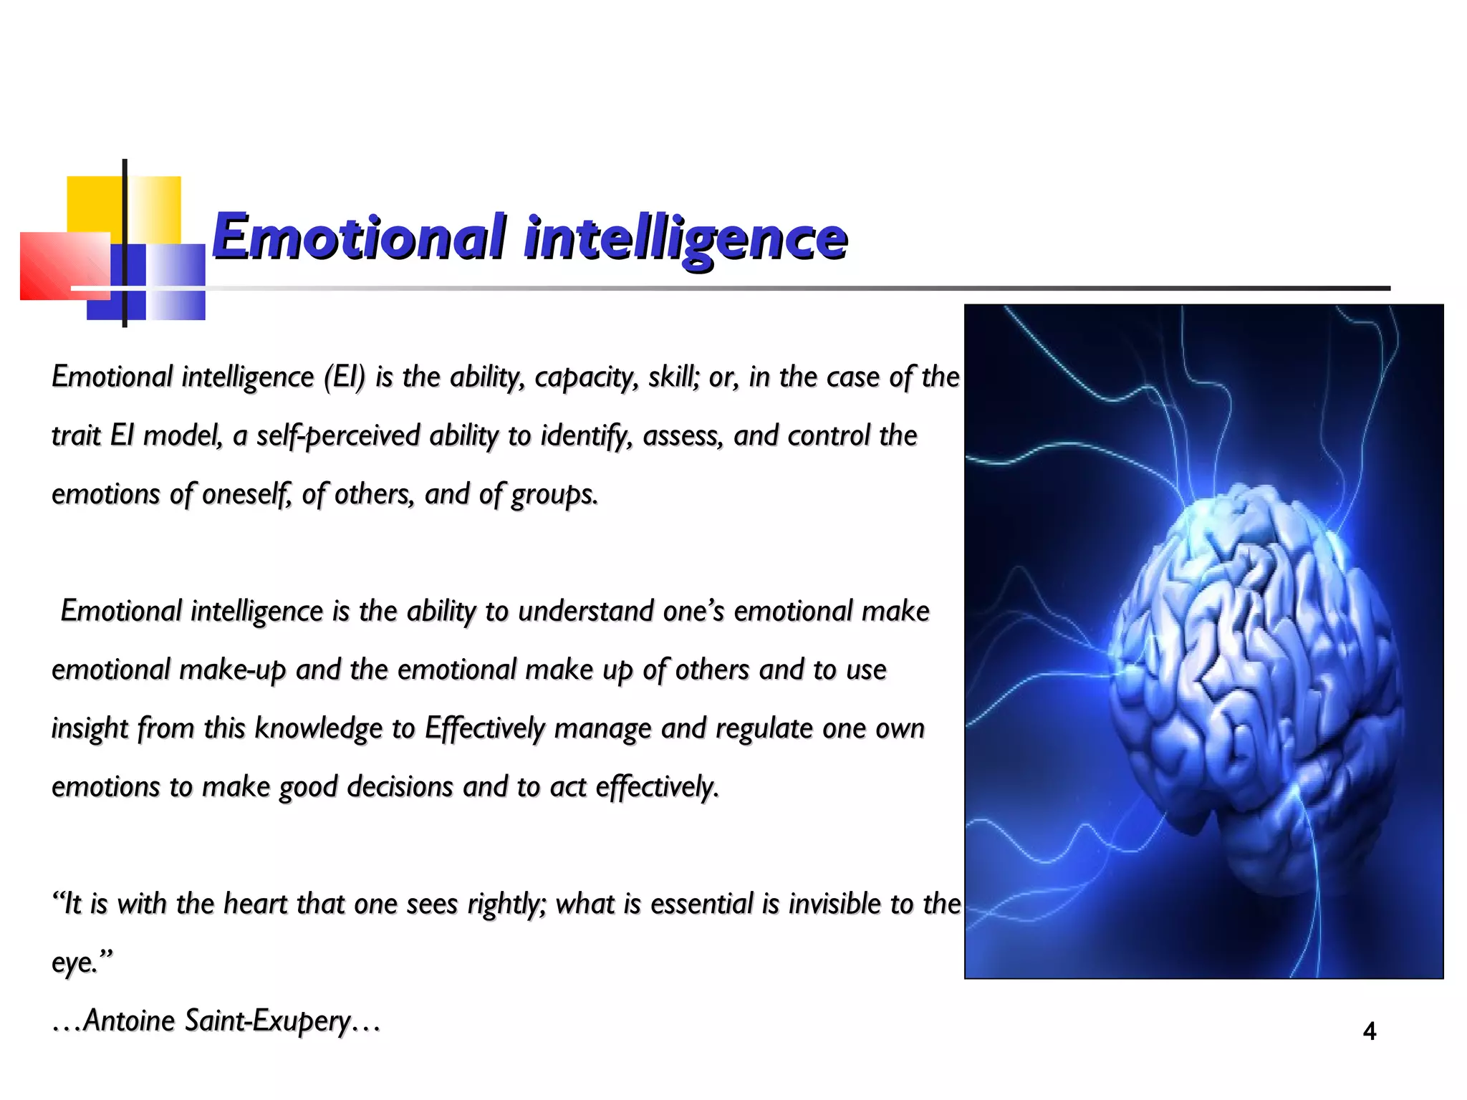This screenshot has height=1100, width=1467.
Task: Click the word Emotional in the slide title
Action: (x=358, y=236)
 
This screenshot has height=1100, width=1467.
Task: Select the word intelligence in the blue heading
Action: (x=686, y=238)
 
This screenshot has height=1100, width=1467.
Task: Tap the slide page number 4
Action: (x=1369, y=1031)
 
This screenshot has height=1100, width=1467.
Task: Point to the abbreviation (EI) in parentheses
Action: (x=344, y=377)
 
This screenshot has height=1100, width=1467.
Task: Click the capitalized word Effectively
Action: (x=484, y=728)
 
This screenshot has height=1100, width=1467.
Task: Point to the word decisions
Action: (x=400, y=787)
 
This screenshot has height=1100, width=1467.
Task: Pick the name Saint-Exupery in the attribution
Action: (x=267, y=1021)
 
